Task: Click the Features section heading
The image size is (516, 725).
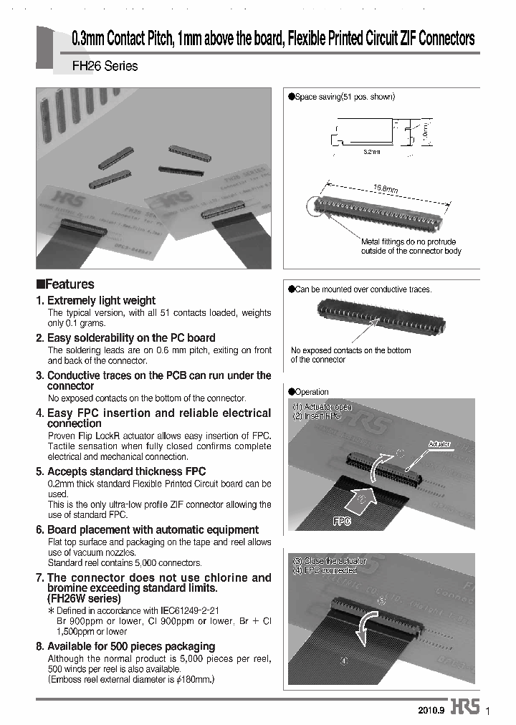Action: (x=65, y=284)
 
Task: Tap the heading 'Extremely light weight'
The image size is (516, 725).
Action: (x=100, y=301)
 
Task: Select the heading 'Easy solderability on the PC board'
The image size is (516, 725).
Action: (x=130, y=337)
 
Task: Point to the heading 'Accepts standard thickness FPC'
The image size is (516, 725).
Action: (x=126, y=471)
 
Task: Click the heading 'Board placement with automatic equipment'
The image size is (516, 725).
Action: (x=153, y=529)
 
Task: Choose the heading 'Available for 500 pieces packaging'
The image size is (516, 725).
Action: (x=130, y=646)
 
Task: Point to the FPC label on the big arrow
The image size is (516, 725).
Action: (x=342, y=522)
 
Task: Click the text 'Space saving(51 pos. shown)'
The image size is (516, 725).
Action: (x=345, y=97)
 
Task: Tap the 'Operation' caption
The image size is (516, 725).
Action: (x=311, y=392)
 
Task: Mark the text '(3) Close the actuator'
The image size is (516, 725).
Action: (x=329, y=560)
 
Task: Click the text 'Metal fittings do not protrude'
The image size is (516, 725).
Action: (x=408, y=242)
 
